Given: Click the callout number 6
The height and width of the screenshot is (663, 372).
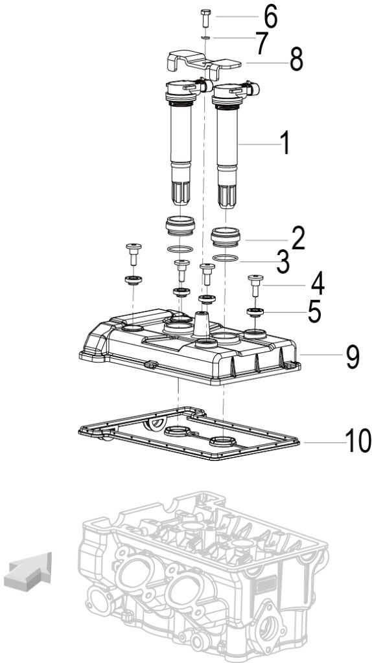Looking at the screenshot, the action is click(270, 17).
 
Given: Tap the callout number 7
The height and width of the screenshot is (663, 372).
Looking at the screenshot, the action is click(262, 43).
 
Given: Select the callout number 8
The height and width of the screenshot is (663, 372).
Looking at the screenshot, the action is click(296, 60).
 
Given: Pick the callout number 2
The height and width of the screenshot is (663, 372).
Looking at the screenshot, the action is click(297, 238).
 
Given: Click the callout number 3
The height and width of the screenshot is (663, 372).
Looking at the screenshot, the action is click(283, 262).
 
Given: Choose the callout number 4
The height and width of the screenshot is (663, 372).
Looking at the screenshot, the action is click(318, 284).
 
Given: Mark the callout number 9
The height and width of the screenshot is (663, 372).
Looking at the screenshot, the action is click(353, 357).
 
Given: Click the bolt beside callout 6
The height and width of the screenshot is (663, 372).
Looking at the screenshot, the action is click(205, 17).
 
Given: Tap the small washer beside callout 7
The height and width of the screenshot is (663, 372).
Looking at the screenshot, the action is click(205, 38).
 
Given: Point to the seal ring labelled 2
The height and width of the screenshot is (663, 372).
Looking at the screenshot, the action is click(226, 237).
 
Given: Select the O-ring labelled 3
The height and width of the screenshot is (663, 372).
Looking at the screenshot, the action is click(226, 258).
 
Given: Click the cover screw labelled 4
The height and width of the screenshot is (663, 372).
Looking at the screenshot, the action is click(255, 286).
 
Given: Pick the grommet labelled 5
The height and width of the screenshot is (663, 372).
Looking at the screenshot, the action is click(255, 313).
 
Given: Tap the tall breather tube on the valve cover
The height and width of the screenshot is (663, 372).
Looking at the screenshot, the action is click(202, 324).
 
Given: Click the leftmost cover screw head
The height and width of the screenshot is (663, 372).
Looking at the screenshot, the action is click(134, 246).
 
